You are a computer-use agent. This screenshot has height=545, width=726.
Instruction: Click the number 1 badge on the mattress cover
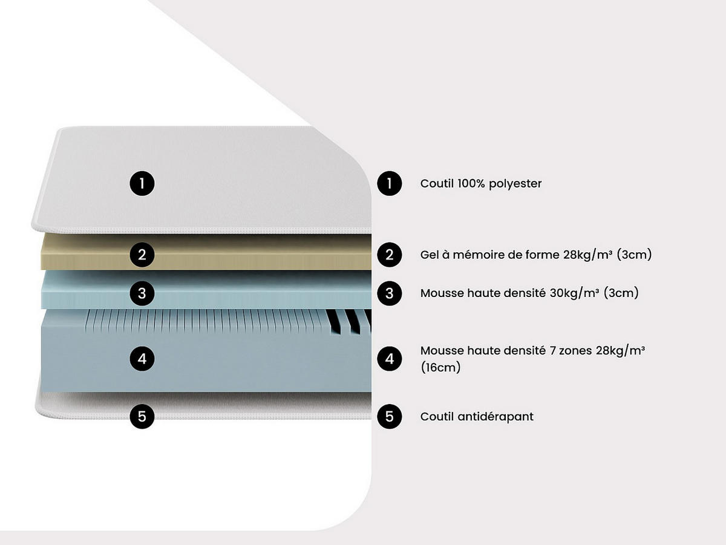coord(142,183)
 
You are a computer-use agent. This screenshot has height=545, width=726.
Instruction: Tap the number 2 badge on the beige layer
coord(142,255)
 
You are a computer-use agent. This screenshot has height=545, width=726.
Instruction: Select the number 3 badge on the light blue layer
coord(142,293)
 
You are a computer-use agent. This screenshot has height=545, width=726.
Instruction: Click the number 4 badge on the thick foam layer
coord(142,359)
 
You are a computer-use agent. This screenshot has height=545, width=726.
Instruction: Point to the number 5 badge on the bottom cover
coord(142,416)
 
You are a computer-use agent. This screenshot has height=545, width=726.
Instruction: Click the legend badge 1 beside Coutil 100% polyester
coord(389,183)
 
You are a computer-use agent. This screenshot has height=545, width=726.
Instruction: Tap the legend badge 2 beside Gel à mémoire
coord(389,255)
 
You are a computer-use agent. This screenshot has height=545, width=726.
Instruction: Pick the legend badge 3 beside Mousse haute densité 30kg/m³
coord(389,293)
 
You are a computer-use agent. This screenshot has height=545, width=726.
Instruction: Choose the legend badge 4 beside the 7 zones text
coord(389,359)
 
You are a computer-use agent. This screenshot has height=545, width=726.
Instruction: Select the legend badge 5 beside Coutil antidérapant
coord(389,416)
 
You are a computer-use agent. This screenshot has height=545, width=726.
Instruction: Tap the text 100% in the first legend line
coord(471,183)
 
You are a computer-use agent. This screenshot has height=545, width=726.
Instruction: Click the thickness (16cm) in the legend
coord(440,367)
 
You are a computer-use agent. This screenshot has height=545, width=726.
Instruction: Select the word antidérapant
coord(495,417)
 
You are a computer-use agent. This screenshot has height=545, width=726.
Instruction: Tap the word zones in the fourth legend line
coord(575,351)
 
